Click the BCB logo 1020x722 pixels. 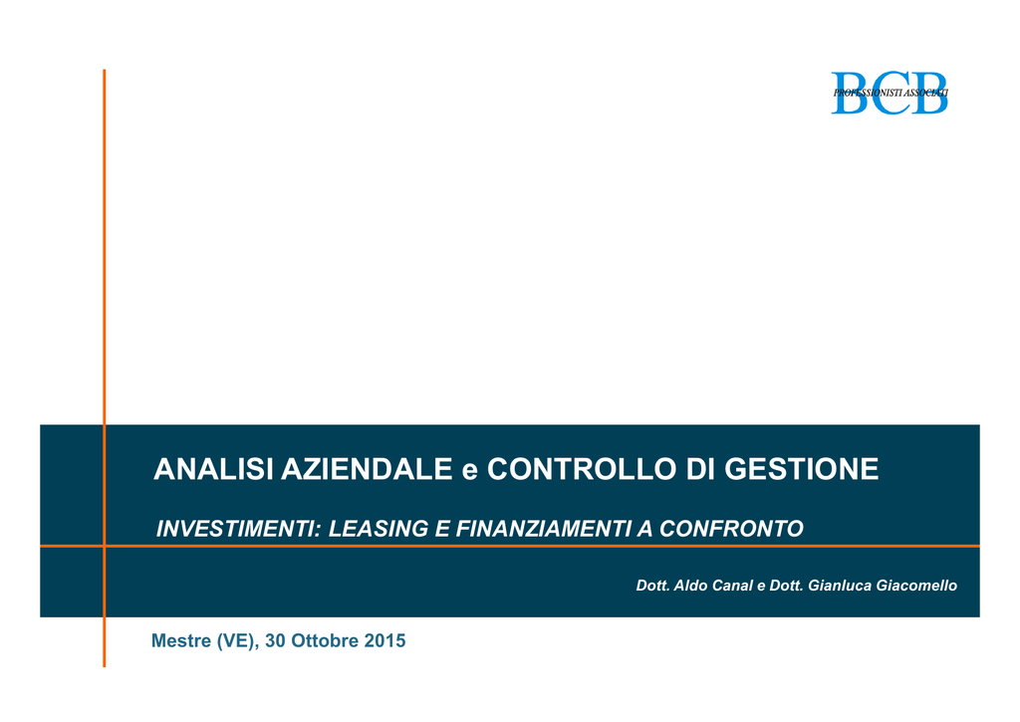coord(890,93)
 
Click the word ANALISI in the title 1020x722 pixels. coord(213,469)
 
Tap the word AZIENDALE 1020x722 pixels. coord(367,469)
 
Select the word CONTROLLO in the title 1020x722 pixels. coord(582,469)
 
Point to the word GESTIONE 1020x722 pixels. coord(802,469)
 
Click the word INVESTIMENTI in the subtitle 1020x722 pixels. coord(239,529)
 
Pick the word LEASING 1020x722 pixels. coord(379,529)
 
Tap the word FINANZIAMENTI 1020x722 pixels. coord(543,529)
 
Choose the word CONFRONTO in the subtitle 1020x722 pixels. coord(731,529)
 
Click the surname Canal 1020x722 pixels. coord(733,586)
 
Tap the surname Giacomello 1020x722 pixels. coord(916,586)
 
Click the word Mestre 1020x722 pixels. coord(181,640)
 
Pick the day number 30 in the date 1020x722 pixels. coord(275,640)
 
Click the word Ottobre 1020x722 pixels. coord(325,640)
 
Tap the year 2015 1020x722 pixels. coord(384,640)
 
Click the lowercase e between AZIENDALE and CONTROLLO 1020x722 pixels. coord(470,472)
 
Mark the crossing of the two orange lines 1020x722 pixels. coord(104,546)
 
